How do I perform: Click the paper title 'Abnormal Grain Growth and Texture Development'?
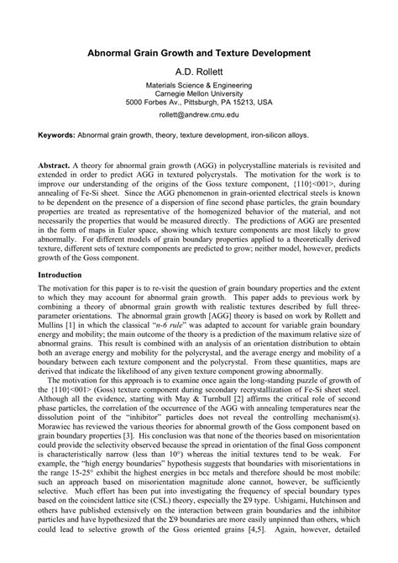(199, 52)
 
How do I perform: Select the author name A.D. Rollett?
(199, 72)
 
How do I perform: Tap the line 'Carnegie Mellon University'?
(199, 93)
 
